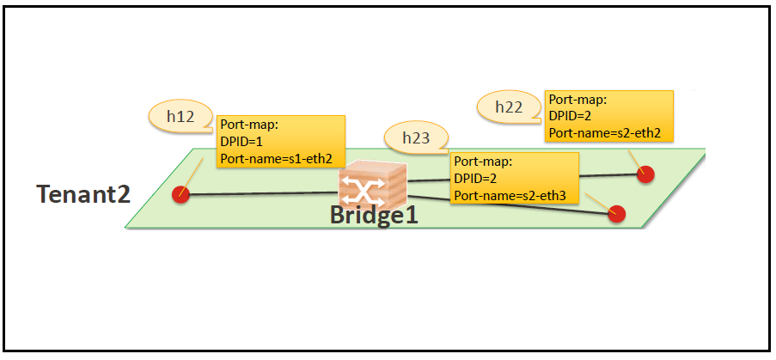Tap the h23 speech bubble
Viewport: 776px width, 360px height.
pyautogui.click(x=416, y=138)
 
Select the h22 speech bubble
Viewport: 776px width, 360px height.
pyautogui.click(x=510, y=107)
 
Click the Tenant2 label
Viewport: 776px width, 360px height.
pyautogui.click(x=83, y=194)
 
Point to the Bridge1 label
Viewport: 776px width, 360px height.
pyautogui.click(x=374, y=215)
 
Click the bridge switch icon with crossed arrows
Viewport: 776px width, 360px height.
pyautogui.click(x=373, y=185)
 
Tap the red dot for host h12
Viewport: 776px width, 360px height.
pyautogui.click(x=180, y=194)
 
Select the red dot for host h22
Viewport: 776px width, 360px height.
pyautogui.click(x=645, y=174)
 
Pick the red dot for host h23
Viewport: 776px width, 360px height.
pyautogui.click(x=617, y=214)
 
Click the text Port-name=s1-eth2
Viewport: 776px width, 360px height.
pyautogui.click(x=276, y=159)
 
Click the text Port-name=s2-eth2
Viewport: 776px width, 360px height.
pyautogui.click(x=605, y=133)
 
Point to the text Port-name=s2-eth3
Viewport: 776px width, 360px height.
pyautogui.click(x=510, y=195)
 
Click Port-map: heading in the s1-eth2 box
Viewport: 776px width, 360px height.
pyautogui.click(x=249, y=125)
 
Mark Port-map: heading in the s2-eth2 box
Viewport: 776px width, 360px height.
pyautogui.click(x=578, y=100)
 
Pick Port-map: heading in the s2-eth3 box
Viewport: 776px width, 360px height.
pyautogui.click(x=483, y=162)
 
